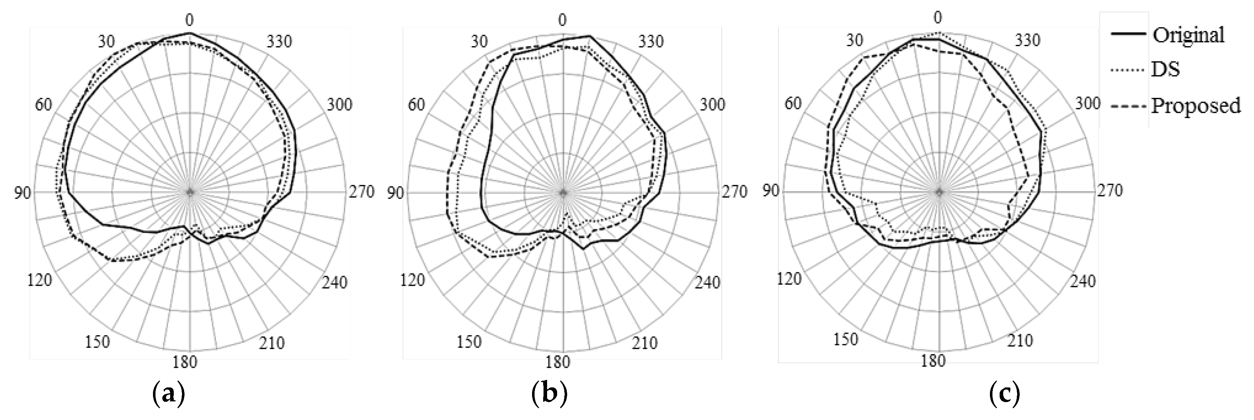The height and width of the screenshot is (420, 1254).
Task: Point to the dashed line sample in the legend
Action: (x=1129, y=105)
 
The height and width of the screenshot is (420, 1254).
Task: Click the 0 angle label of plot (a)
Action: (x=190, y=20)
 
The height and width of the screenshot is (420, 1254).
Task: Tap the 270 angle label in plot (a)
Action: (x=361, y=192)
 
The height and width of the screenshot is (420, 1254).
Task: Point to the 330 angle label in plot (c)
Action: (x=1027, y=39)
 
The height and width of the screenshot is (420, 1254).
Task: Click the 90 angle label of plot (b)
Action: (x=395, y=193)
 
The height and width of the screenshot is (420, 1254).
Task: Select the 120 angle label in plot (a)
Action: (x=39, y=280)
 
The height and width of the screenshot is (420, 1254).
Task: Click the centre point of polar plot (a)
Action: (x=190, y=192)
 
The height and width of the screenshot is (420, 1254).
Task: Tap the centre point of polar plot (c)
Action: (x=939, y=191)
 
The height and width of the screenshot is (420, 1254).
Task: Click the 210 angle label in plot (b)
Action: (x=645, y=343)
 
